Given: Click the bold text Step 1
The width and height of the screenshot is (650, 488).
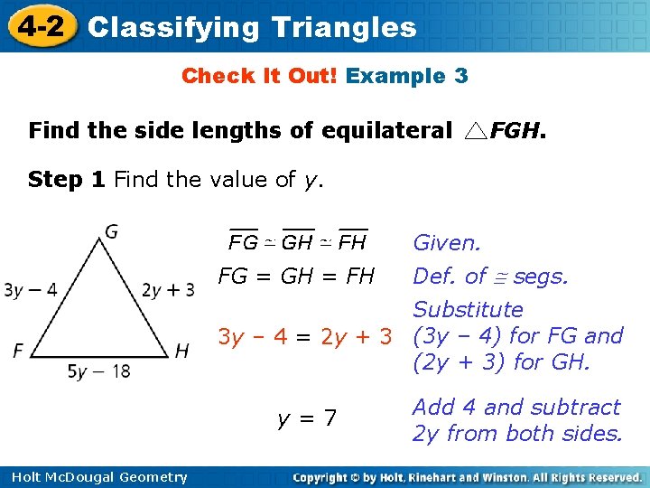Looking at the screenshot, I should [x=67, y=180].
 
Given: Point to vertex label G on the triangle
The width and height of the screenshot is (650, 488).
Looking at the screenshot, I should [x=111, y=232].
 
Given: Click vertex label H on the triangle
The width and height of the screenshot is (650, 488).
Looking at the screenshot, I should [x=181, y=352].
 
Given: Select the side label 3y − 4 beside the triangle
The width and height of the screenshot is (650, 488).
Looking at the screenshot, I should [x=31, y=290].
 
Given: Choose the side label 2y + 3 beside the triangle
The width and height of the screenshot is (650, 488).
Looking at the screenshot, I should [x=168, y=290].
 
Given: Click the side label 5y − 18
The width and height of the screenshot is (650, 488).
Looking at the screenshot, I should [x=99, y=371].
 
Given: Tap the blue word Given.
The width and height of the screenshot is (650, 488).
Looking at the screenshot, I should [x=447, y=243].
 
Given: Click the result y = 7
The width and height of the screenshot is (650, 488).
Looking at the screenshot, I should [x=308, y=418].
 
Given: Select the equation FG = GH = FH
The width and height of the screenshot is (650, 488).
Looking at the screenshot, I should [x=296, y=277].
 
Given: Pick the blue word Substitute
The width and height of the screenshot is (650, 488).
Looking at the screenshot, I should [x=468, y=310].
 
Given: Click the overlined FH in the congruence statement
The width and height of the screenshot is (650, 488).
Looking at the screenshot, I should [x=352, y=242].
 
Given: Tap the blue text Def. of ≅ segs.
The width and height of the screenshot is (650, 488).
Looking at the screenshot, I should [x=490, y=277].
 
